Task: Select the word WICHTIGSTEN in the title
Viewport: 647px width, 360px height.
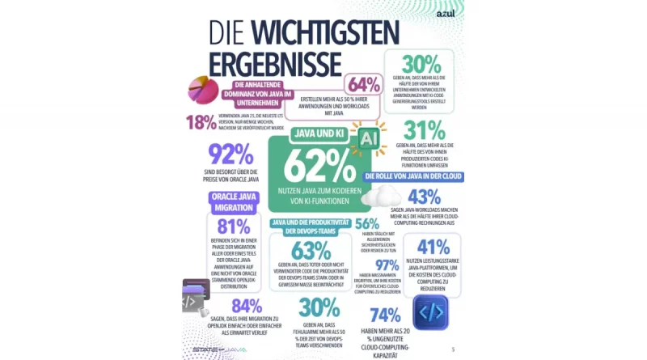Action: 324,33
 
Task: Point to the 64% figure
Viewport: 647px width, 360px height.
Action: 364,85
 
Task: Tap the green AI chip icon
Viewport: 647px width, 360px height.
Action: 368,139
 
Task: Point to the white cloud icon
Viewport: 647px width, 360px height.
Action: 381,197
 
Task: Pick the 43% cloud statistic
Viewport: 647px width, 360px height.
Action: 425,197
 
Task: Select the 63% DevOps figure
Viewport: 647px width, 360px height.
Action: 311,250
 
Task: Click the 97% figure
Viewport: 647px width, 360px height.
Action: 387,265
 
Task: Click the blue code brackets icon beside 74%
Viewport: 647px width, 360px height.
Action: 430,312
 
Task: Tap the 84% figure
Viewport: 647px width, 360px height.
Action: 246,306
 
